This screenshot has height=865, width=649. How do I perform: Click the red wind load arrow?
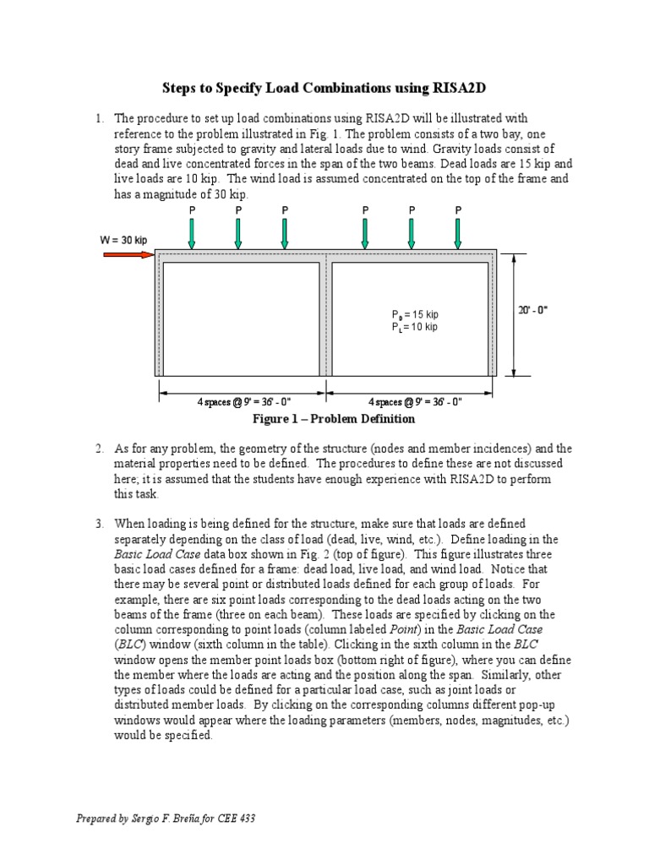(x=128, y=255)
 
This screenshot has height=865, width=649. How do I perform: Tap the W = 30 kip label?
(x=123, y=240)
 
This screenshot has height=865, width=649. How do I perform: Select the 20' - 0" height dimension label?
(x=532, y=309)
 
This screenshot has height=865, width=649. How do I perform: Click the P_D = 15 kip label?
(x=415, y=314)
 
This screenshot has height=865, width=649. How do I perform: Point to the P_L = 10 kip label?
(x=414, y=327)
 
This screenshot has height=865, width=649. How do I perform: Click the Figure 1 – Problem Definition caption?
(x=333, y=419)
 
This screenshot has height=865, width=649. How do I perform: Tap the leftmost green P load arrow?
(x=192, y=234)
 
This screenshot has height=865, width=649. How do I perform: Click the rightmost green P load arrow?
(x=458, y=234)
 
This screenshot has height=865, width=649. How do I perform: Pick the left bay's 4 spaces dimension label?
(x=244, y=402)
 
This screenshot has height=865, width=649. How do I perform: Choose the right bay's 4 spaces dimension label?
(x=415, y=402)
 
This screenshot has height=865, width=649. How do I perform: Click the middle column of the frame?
(x=325, y=318)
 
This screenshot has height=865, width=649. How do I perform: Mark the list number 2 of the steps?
(x=100, y=449)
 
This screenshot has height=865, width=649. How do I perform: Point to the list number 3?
(x=100, y=524)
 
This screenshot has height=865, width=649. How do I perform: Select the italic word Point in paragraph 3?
(x=403, y=629)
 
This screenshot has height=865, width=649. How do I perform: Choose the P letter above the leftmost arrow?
(x=192, y=210)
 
